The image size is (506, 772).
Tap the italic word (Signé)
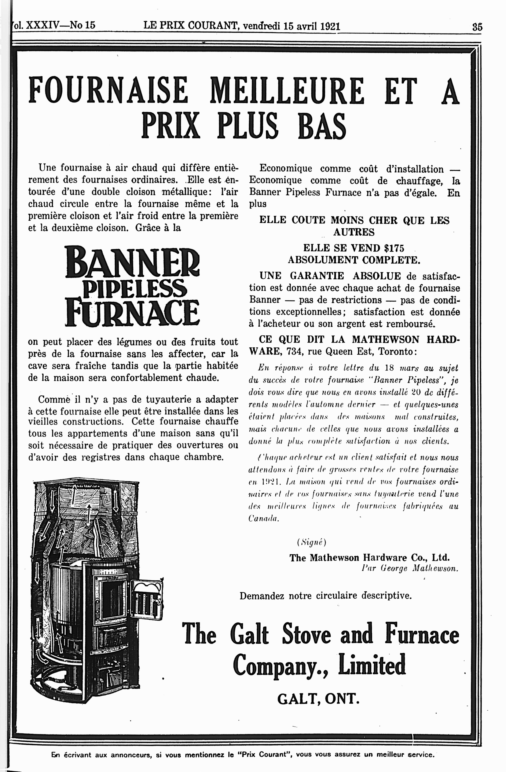tap(311, 542)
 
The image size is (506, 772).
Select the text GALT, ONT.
tap(318, 698)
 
